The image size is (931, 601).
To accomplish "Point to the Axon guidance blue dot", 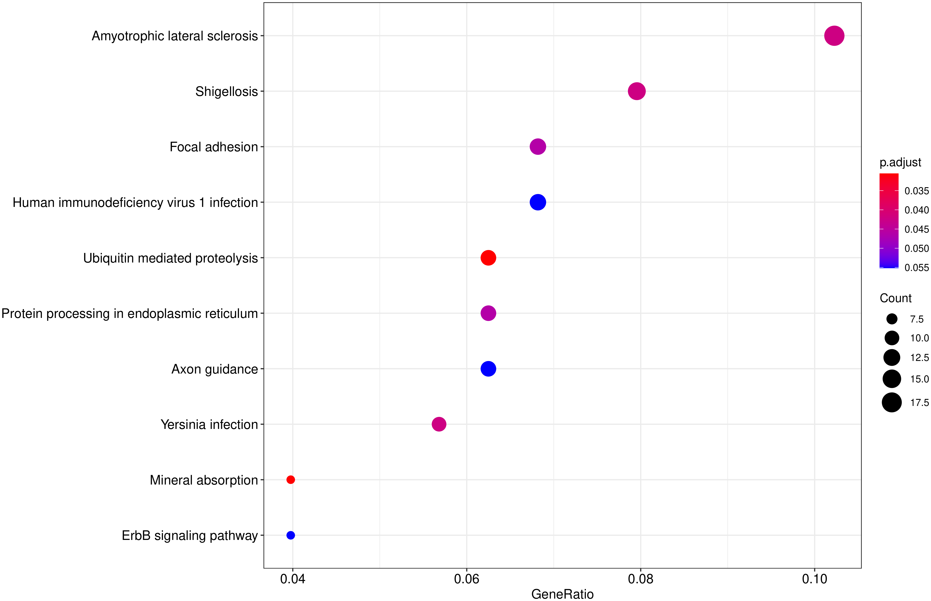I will [488, 369].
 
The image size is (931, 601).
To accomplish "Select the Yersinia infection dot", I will [439, 424].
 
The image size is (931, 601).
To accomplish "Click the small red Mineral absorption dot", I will [290, 480].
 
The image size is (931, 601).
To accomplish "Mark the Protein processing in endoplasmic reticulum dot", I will [488, 313].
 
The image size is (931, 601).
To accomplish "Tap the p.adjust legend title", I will [900, 162].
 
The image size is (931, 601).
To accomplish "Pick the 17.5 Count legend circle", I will [892, 402].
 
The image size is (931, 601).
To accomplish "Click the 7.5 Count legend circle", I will [892, 319].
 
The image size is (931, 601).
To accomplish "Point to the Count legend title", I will [896, 298].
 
